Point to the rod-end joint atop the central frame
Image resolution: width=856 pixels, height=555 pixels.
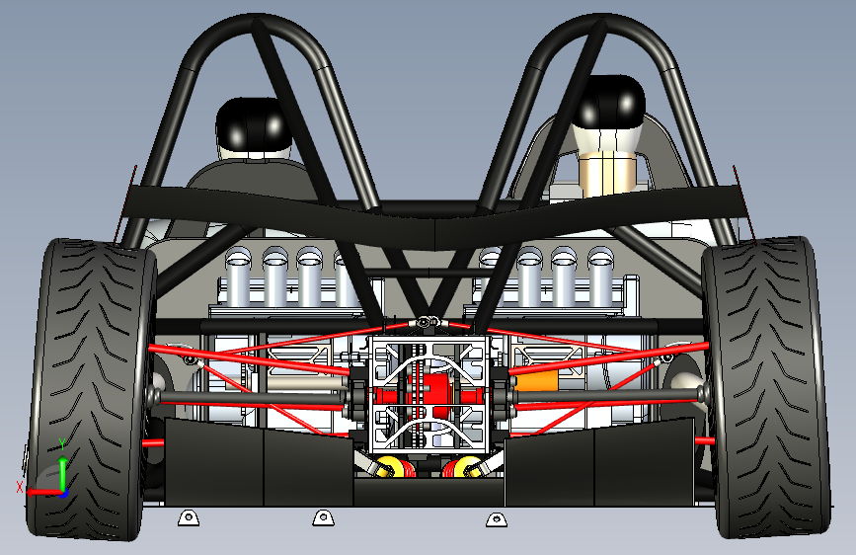(426, 322)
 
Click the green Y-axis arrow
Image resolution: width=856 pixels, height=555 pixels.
(62, 469)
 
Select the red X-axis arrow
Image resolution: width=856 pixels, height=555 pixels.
(43, 491)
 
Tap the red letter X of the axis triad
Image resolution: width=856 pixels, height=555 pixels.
(20, 488)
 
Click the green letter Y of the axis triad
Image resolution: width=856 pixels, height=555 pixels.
(61, 442)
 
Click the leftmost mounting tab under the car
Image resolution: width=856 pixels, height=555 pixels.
(186, 516)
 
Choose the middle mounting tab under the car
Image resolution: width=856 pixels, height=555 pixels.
(320, 516)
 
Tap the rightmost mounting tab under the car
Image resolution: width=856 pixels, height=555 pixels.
(494, 517)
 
